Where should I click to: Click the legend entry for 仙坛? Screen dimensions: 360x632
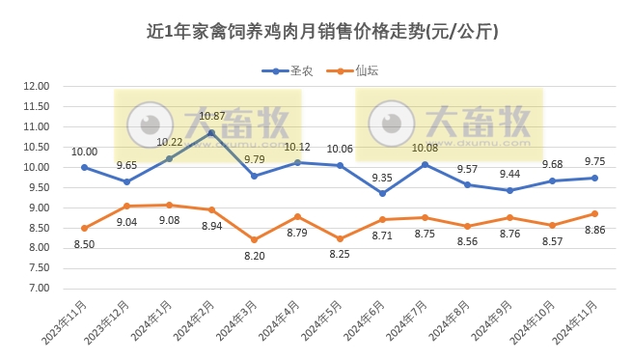tap(348, 71)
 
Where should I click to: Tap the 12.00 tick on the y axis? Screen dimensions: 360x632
tap(35, 86)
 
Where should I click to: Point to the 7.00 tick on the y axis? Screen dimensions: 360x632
tap(38, 289)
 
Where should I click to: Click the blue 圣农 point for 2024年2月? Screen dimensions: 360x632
tap(212, 132)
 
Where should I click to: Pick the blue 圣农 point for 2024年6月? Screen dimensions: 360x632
tap(382, 193)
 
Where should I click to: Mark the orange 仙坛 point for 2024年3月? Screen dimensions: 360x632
tap(255, 239)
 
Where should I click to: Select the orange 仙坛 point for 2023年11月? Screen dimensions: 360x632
tap(85, 228)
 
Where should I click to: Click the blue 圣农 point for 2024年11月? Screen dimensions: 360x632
tap(594, 178)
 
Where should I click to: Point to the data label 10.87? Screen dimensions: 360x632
tap(211, 116)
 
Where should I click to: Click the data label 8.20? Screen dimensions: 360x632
tap(255, 257)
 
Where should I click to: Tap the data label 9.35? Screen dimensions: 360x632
tap(382, 177)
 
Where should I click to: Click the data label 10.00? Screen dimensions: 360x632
tap(85, 151)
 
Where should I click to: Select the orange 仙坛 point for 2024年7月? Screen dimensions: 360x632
tap(425, 217)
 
